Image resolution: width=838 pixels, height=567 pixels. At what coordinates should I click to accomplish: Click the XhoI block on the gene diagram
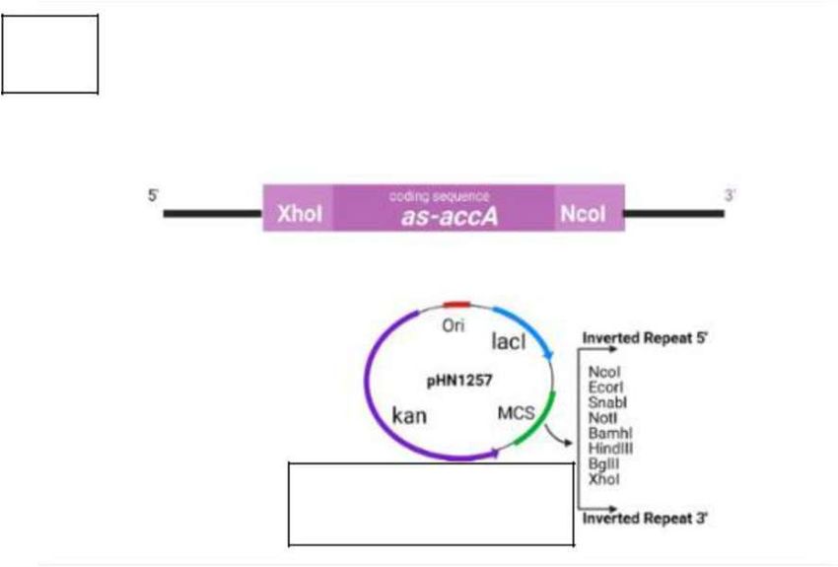300,214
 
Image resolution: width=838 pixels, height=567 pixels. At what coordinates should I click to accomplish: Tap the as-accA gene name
449,217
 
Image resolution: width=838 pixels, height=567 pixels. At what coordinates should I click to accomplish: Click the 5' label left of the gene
154,196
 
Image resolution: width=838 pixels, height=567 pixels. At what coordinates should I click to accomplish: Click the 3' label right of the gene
730,196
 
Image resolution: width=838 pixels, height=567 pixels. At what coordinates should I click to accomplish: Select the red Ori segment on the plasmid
456,306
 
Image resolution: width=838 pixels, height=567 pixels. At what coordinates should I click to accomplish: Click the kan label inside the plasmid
409,415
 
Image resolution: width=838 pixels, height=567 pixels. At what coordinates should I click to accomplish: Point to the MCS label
516,411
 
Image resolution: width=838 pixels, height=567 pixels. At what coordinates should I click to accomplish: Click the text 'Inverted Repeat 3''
646,518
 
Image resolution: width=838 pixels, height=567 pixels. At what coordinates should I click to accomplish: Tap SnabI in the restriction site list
608,402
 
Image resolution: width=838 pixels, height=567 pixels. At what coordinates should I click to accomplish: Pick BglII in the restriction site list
603,463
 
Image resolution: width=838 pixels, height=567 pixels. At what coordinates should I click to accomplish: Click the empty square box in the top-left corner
50,54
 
